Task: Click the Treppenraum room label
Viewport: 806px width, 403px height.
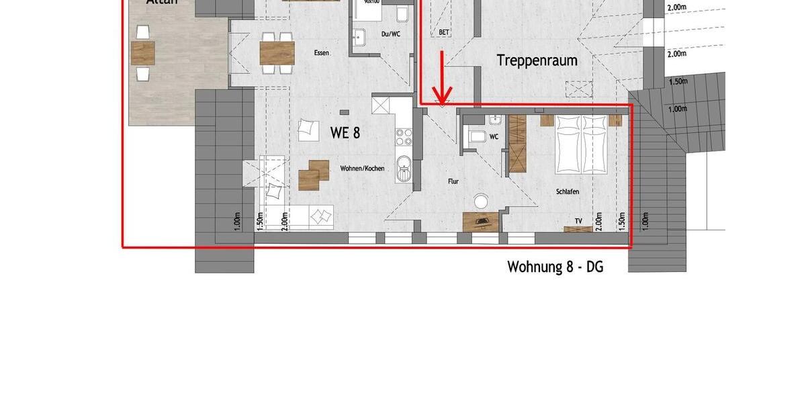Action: tap(537, 60)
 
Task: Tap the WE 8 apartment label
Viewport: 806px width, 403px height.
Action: tap(345, 133)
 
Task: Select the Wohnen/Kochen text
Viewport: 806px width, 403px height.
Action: tap(362, 169)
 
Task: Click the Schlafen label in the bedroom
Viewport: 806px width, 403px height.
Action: tap(567, 192)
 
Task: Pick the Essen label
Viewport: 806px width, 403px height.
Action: tap(322, 52)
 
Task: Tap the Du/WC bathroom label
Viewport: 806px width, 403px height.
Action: tap(390, 34)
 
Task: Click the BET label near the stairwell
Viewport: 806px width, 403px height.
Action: tap(444, 32)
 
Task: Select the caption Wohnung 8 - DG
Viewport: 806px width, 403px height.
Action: tap(555, 267)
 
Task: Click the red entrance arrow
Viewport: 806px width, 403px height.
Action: tap(441, 79)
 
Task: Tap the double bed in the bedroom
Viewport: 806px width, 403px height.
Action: tap(582, 143)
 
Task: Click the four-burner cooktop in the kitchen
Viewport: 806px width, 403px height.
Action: tap(404, 137)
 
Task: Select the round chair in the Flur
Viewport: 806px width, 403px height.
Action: tap(482, 201)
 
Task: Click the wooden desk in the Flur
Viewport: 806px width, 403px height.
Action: tap(481, 220)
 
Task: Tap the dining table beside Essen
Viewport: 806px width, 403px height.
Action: tap(277, 52)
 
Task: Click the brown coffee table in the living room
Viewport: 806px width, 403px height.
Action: tap(313, 175)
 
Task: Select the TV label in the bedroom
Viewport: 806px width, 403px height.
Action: tap(578, 220)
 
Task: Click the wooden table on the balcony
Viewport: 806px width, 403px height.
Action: tap(143, 52)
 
